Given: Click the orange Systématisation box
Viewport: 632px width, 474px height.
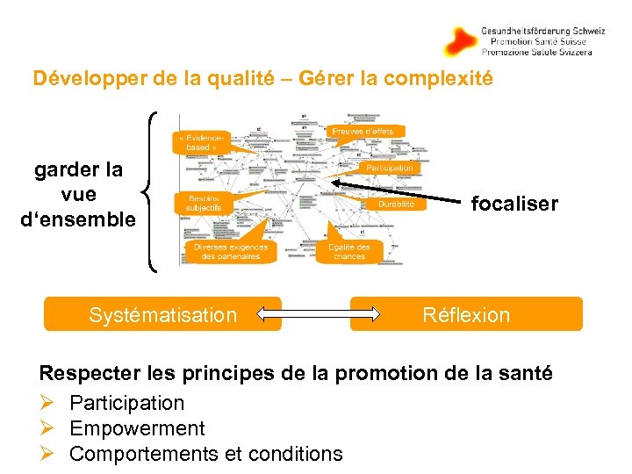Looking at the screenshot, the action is (x=162, y=314).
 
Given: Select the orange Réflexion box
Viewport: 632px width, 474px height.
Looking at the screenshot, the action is (x=466, y=314).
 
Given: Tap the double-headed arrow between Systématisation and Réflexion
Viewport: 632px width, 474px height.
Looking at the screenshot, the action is (x=315, y=314).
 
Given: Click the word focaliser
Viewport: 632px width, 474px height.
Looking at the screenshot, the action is (x=514, y=204).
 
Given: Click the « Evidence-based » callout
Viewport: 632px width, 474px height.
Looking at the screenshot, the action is (x=205, y=143).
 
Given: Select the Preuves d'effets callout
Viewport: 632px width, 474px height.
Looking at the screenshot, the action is (x=368, y=131).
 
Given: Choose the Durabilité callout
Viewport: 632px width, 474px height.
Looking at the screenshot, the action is (x=397, y=204).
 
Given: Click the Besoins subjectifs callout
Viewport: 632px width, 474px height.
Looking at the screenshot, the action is (x=203, y=203).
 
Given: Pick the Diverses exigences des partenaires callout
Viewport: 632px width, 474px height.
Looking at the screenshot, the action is (x=231, y=251).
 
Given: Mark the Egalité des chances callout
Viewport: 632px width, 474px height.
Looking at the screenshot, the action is (x=349, y=251).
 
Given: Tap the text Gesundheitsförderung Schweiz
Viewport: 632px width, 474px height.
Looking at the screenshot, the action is (x=542, y=31).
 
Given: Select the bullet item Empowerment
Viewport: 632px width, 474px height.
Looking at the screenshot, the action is (x=137, y=428).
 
